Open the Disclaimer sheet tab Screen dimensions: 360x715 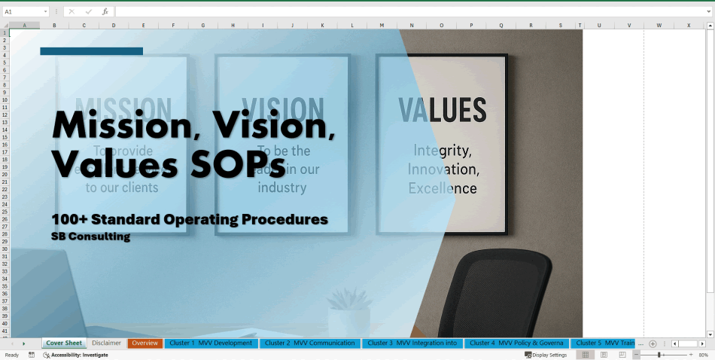click(x=106, y=343)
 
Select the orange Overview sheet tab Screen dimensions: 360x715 click(x=145, y=343)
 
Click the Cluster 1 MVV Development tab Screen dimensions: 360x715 click(x=211, y=343)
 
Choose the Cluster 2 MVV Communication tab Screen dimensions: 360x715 click(x=309, y=343)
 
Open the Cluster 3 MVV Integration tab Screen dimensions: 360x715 click(x=412, y=343)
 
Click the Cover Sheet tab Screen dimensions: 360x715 click(x=64, y=343)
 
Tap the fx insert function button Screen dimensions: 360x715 click(x=105, y=12)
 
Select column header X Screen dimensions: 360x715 click(x=688, y=26)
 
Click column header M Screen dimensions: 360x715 click(x=382, y=26)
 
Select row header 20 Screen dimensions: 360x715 click(x=5, y=174)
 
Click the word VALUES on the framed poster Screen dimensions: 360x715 click(x=442, y=111)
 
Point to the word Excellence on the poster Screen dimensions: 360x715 click(x=443, y=188)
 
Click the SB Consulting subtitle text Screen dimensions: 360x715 click(x=90, y=236)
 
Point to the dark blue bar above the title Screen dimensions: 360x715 click(x=91, y=51)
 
